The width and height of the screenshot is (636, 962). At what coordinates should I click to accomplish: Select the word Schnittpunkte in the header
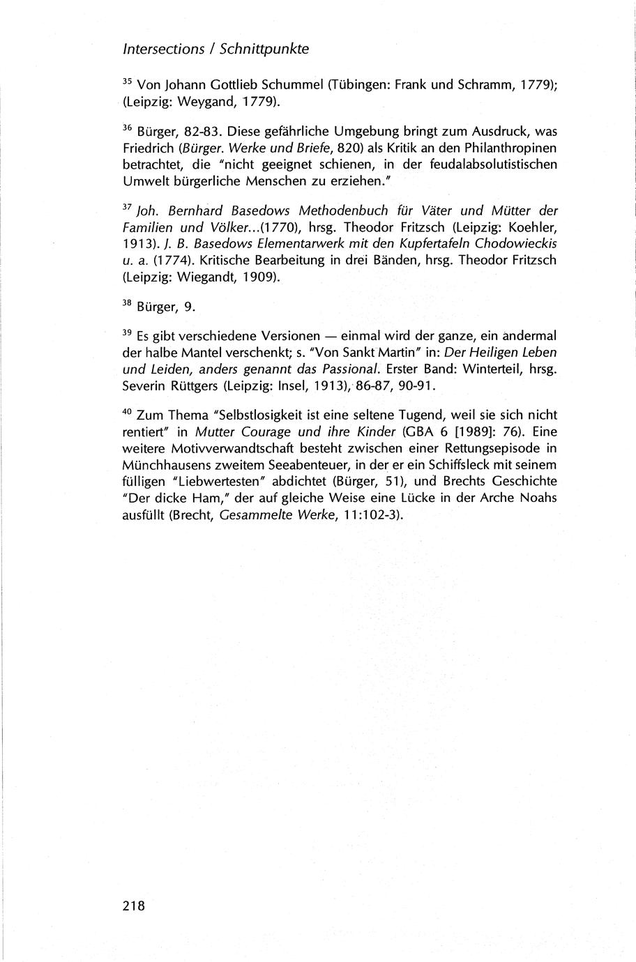tap(264, 49)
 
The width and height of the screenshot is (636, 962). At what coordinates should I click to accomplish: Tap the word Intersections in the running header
tap(163, 49)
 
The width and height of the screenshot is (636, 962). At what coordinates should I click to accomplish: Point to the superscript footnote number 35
tap(127, 82)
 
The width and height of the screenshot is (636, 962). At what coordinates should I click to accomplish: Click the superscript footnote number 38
tap(127, 303)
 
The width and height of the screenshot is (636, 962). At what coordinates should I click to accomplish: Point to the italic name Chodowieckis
tap(517, 243)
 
